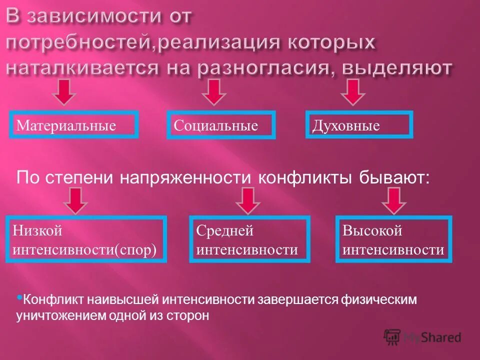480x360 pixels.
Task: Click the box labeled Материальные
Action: click(73, 125)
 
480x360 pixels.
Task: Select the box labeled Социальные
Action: click(220, 125)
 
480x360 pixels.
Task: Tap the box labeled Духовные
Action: click(359, 125)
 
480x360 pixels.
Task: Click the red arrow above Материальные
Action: click(65, 91)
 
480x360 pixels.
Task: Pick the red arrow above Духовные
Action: click(353, 91)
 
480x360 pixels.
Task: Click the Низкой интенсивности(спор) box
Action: click(86, 239)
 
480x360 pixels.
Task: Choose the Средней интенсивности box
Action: click(249, 239)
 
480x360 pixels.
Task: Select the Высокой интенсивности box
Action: click(393, 239)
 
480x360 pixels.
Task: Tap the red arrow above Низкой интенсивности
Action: click(76, 200)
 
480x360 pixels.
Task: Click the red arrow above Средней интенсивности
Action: click(248, 200)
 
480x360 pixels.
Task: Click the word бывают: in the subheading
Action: click(393, 177)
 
